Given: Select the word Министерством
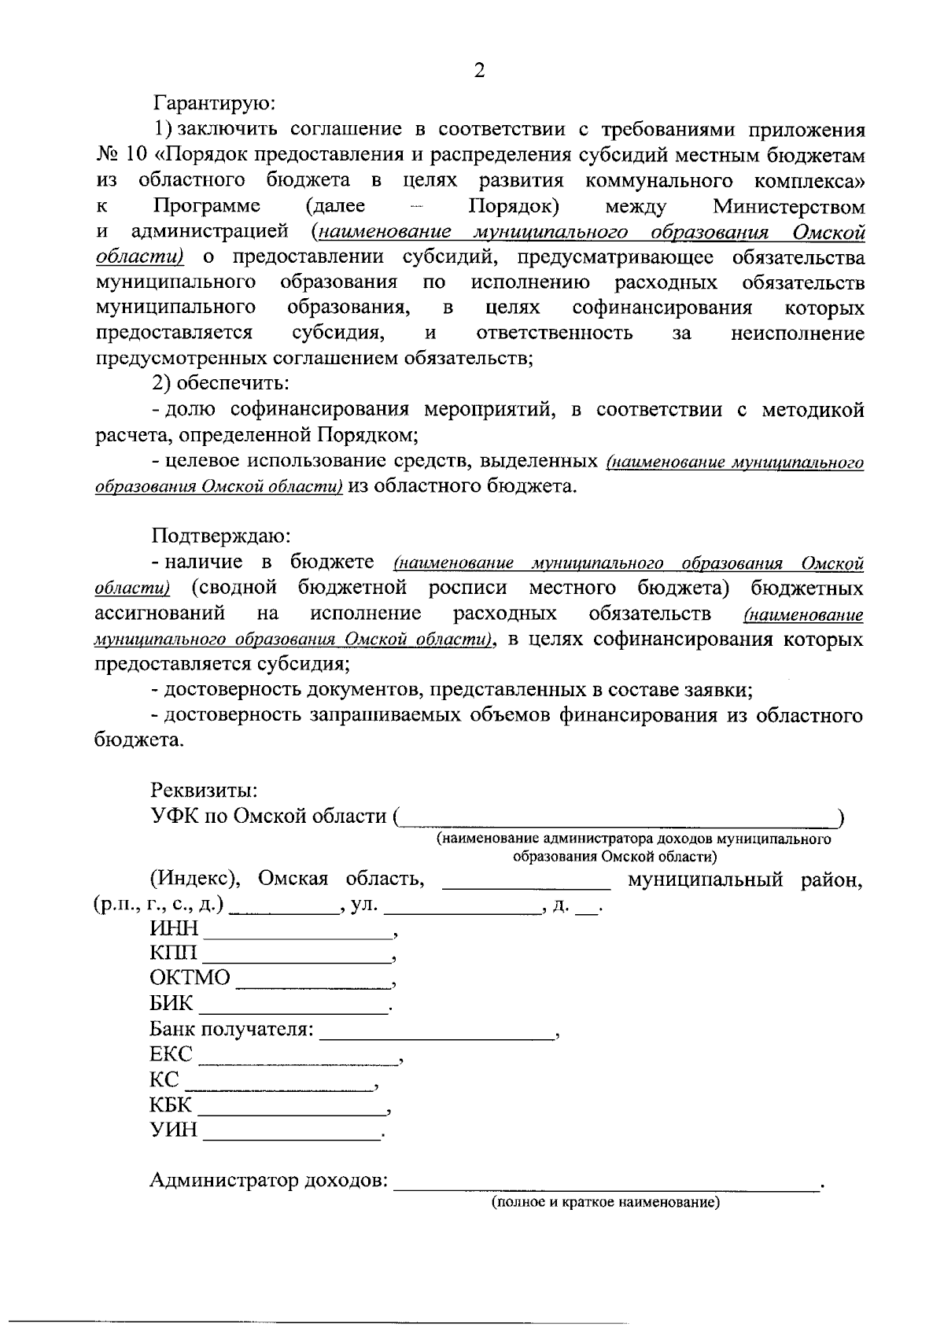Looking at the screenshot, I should pos(788,207).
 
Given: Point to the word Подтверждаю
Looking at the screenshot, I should pos(221,537).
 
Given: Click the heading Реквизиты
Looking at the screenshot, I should pos(204,790).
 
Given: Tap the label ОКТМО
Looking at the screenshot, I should pos(190,978).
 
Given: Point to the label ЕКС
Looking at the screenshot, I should pos(171,1055).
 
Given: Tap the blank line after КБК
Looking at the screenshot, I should pos(293,1112).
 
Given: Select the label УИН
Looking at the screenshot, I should pos(173,1130).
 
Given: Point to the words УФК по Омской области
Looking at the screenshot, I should pos(268,817).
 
